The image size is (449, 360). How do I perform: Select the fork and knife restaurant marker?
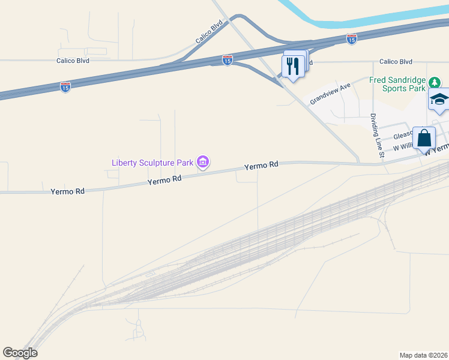[x=293, y=67]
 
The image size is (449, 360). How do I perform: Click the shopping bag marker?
[x=424, y=138]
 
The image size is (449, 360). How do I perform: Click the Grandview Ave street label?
[x=330, y=94]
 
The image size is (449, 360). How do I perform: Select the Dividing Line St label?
[x=376, y=136]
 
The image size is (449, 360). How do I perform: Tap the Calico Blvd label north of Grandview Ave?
[x=396, y=62]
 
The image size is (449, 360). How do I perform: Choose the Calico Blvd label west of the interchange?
[x=73, y=61]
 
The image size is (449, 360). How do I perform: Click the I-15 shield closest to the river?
[x=352, y=38]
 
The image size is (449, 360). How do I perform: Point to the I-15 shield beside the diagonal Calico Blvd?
[x=227, y=60]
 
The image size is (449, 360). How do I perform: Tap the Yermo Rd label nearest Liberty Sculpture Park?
[x=164, y=179]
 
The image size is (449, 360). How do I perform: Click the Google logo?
[x=20, y=353]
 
